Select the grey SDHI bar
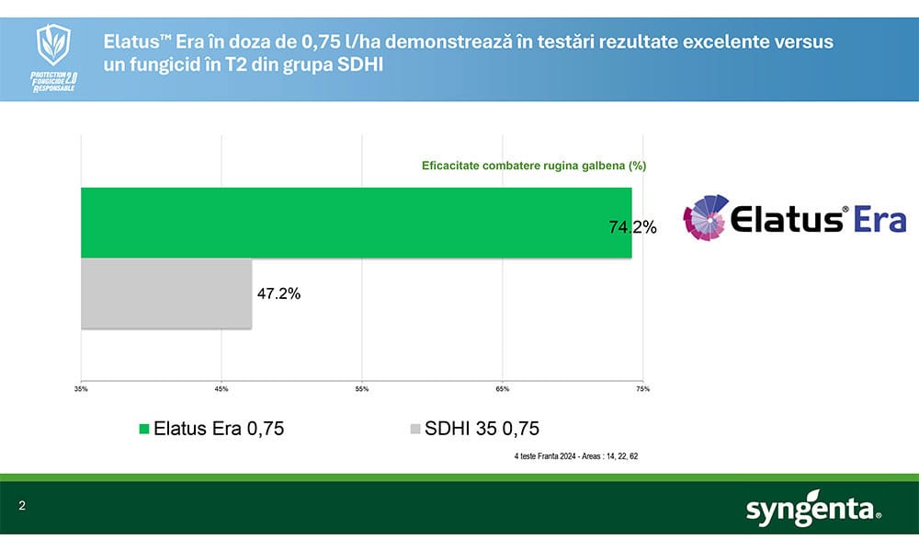point(166,293)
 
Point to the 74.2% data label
point(632,228)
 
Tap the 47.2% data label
point(278,294)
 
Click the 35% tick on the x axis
point(81,389)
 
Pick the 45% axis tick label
point(221,389)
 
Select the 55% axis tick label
point(362,389)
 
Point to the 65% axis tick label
point(503,389)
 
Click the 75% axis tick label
point(642,389)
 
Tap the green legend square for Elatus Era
point(143,429)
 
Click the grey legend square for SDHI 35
point(414,429)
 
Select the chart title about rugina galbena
point(534,166)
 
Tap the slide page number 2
point(21,507)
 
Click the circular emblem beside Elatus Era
point(707,218)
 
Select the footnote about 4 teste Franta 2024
point(576,455)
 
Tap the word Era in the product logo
point(879,220)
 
